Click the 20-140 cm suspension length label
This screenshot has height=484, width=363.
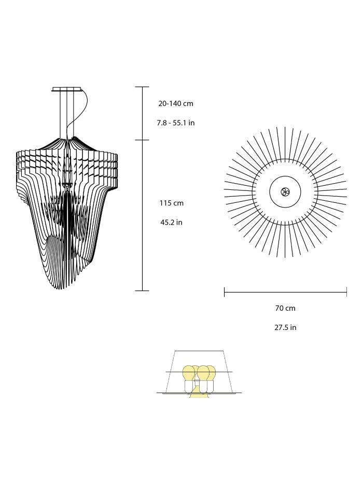click(175, 104)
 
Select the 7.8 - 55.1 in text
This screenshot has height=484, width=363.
click(175, 123)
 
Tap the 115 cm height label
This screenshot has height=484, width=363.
click(171, 203)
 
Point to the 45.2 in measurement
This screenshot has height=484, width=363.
click(171, 223)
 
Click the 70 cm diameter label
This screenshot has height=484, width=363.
click(285, 308)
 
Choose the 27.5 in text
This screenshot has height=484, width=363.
click(285, 328)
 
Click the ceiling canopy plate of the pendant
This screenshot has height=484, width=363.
click(67, 89)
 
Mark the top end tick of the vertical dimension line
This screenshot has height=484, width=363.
click(143, 87)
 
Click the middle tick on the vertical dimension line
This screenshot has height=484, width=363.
click(143, 140)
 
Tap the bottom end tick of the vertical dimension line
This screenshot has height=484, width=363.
click(143, 291)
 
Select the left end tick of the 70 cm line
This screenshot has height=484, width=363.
click(224, 293)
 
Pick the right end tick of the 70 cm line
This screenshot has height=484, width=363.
click(346, 293)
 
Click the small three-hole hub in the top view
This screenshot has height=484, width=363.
click(285, 192)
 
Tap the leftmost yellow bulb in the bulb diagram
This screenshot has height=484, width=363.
click(189, 373)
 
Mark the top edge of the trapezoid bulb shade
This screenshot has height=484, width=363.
click(199, 351)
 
